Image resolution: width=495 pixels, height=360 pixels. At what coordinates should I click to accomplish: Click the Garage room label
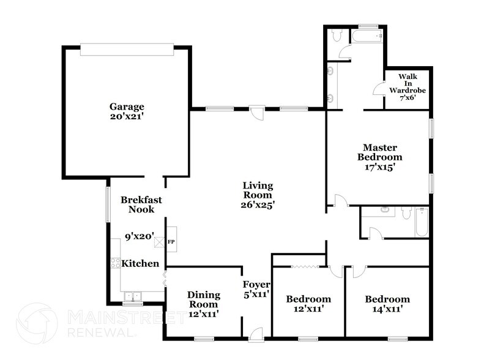click(x=127, y=106)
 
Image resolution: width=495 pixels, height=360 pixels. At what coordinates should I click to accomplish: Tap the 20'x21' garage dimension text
click(x=127, y=116)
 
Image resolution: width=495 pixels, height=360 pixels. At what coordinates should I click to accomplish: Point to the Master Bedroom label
click(x=380, y=152)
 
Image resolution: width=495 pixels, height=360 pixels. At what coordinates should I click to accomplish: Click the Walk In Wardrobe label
click(x=407, y=83)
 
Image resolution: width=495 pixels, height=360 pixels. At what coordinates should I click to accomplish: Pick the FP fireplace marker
click(x=171, y=241)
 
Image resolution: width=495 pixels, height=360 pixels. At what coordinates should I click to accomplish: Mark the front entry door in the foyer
click(x=256, y=334)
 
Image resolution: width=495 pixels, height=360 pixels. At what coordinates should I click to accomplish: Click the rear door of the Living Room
click(x=258, y=113)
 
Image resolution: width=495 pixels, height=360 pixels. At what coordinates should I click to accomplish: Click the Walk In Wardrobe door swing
click(x=379, y=89)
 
